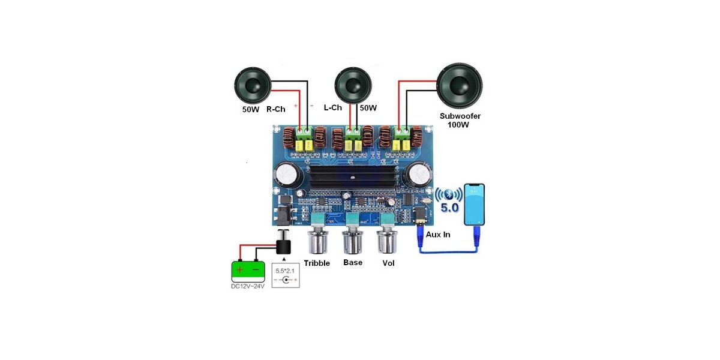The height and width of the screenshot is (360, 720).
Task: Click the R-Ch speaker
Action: pos(253,85)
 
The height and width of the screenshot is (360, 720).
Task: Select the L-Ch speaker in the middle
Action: pos(352,85)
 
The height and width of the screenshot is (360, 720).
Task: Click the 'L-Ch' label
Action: pos(332,107)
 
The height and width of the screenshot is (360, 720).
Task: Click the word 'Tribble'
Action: pos(317,263)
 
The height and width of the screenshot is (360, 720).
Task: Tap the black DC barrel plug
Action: pos(283,245)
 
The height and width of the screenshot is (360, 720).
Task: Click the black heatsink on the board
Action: pos(354,179)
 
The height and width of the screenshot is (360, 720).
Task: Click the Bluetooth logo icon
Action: pos(448,193)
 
